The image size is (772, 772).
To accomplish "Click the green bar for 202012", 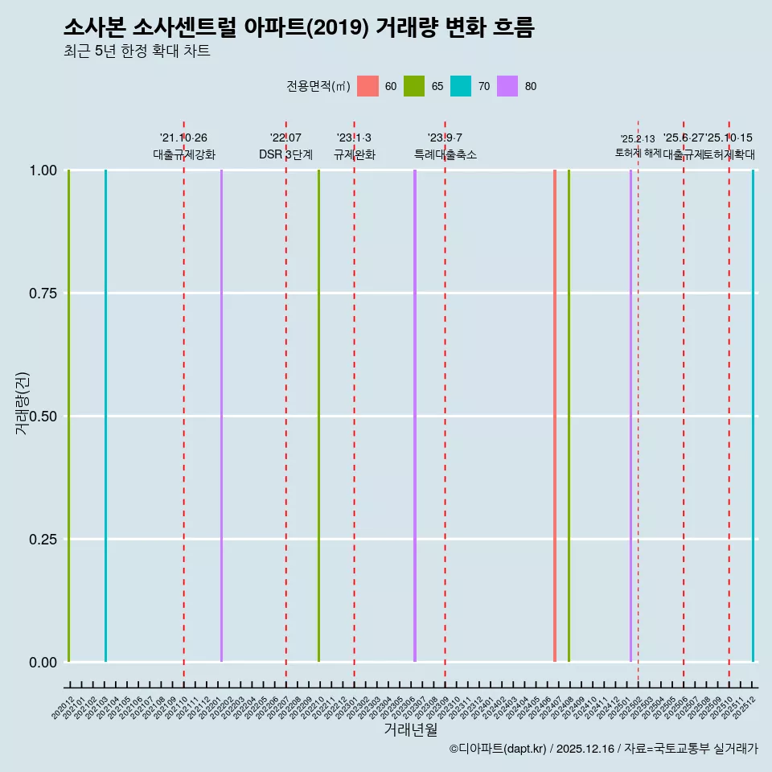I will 69,416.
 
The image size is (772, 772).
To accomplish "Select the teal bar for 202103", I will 105,416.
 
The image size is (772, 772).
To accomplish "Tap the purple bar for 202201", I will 221,416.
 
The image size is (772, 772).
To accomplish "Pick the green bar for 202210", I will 318,416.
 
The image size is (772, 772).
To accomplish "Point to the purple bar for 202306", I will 415,416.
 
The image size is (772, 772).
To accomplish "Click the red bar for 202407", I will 555,416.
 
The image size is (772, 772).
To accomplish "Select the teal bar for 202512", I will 753,416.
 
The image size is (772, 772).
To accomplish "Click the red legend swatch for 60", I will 368,86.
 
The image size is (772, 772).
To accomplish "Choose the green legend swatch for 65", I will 414,86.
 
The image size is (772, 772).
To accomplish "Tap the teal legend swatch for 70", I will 461,86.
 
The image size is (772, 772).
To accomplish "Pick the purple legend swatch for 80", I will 507,86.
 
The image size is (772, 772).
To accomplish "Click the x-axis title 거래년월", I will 410,729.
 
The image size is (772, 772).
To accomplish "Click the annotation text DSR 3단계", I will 285,154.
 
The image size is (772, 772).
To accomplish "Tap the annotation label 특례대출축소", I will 445,154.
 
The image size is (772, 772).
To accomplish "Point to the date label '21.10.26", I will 183,138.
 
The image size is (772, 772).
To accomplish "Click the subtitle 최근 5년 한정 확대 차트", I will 137,51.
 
